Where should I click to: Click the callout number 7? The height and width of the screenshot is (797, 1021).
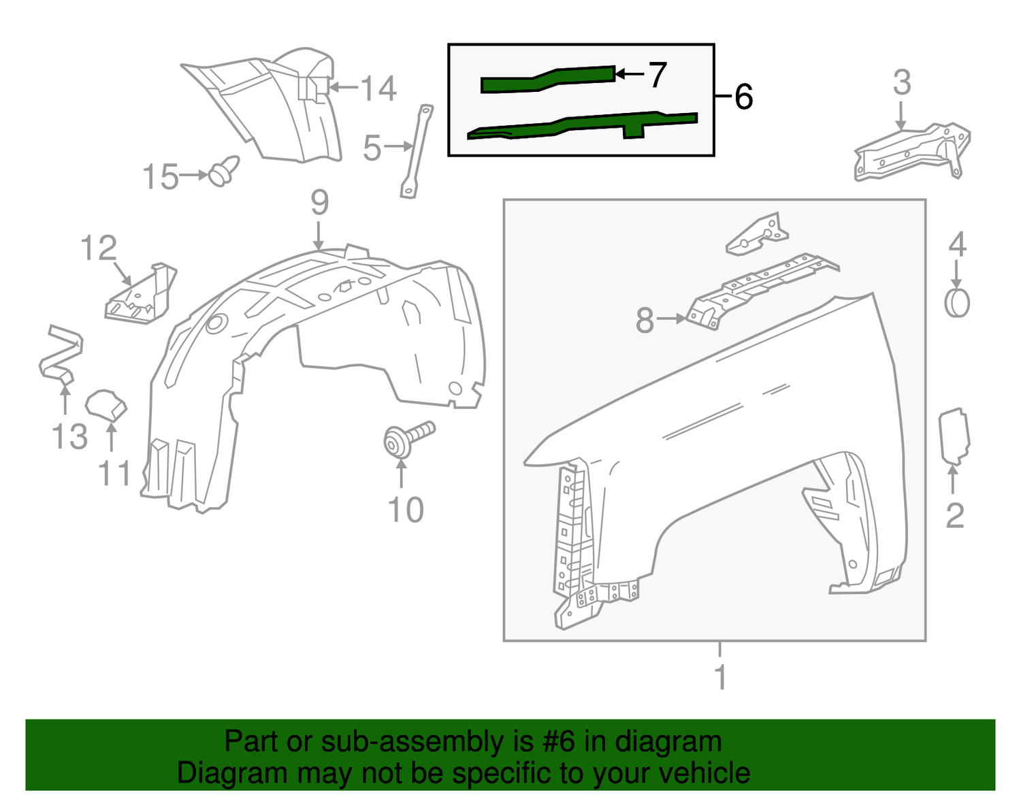click(x=658, y=75)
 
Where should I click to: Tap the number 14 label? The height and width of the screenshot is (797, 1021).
click(x=378, y=88)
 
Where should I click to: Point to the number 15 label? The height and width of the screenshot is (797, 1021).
click(x=161, y=176)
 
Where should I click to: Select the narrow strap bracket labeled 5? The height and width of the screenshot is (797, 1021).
click(x=417, y=151)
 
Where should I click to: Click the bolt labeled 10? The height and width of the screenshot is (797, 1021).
click(x=408, y=439)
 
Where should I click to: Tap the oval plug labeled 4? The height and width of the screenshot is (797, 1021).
click(x=957, y=304)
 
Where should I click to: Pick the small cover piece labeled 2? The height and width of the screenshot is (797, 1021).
click(x=954, y=437)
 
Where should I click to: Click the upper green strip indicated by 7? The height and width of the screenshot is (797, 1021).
click(x=548, y=80)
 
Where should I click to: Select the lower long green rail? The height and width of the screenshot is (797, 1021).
click(x=583, y=125)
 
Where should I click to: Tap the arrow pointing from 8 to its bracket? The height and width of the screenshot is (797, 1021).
click(x=671, y=319)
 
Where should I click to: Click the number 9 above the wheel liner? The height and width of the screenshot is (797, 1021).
click(x=319, y=202)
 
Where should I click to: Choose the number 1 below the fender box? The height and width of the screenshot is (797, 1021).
click(x=720, y=677)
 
